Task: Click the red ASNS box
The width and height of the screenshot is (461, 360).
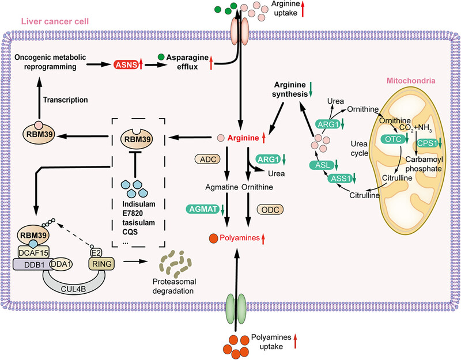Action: pyautogui.click(x=126, y=65)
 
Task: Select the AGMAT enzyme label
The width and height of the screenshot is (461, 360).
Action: pyautogui.click(x=203, y=209)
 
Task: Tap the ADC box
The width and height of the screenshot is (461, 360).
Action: pyautogui.click(x=208, y=160)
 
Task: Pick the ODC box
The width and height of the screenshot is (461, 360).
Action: pyautogui.click(x=270, y=210)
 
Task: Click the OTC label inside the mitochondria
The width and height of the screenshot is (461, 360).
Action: pyautogui.click(x=393, y=139)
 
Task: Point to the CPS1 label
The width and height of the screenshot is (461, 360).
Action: pyautogui.click(x=427, y=143)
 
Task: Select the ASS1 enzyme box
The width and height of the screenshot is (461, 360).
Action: pyautogui.click(x=341, y=178)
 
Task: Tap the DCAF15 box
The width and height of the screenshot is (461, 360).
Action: pyautogui.click(x=33, y=252)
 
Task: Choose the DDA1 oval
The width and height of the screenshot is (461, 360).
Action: pyautogui.click(x=61, y=264)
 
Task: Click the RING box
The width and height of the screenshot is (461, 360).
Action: pyautogui.click(x=102, y=264)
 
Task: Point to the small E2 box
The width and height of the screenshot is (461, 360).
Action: pyautogui.click(x=96, y=253)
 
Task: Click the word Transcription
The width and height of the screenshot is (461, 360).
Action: pyautogui.click(x=65, y=100)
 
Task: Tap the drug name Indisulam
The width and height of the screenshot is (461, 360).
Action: pyautogui.click(x=139, y=204)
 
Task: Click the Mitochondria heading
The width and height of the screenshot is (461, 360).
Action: pyautogui.click(x=411, y=81)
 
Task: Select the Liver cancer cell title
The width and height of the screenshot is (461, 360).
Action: pyautogui.click(x=55, y=21)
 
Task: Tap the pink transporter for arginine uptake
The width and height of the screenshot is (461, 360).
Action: pyautogui.click(x=240, y=31)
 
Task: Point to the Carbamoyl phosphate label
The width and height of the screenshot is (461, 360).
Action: pyautogui.click(x=424, y=164)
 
